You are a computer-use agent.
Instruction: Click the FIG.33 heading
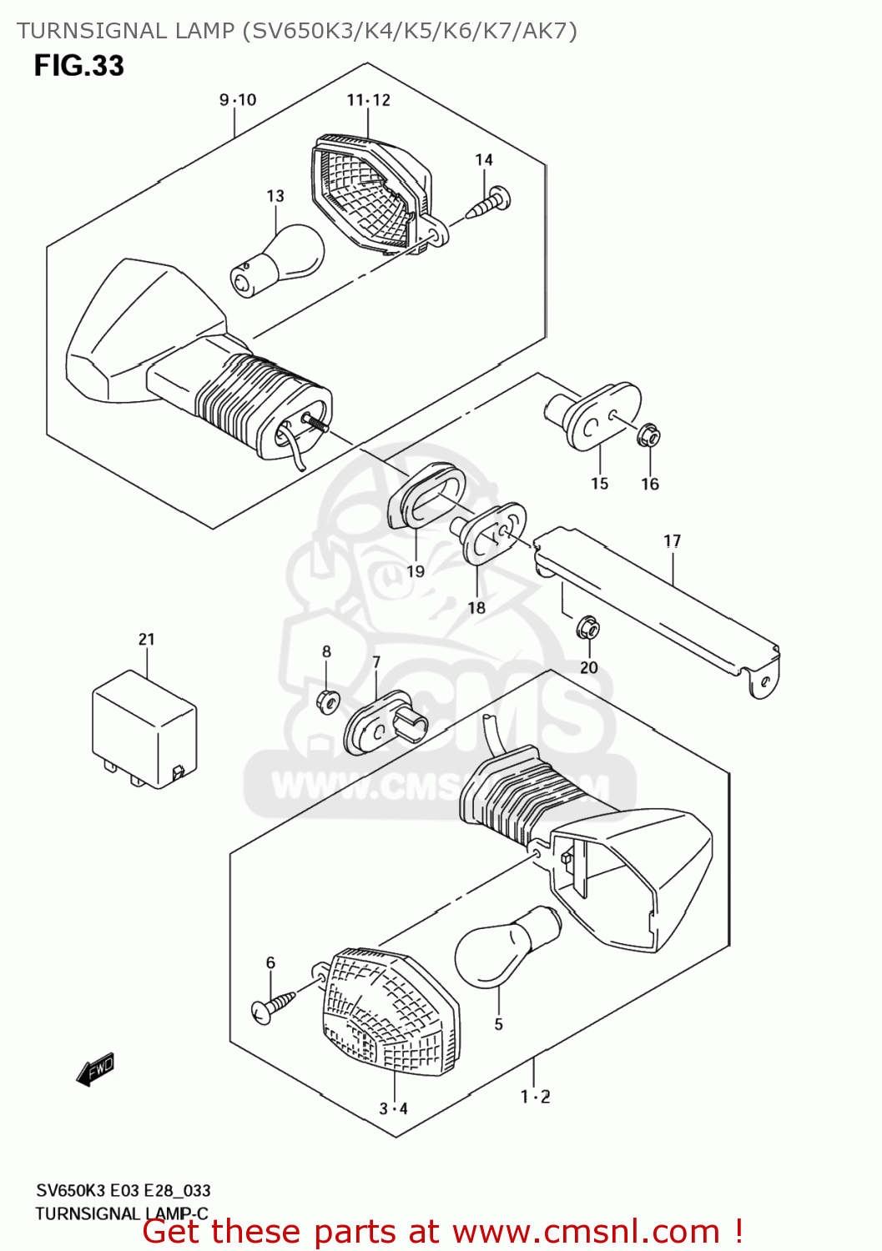coord(79,66)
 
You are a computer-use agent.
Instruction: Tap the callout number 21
coord(147,640)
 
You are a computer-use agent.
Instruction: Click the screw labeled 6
coord(272,1004)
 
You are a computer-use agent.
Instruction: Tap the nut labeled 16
coord(649,435)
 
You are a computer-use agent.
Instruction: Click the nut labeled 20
coord(588,626)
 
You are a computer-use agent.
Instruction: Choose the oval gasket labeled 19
coord(426,497)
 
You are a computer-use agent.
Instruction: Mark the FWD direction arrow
coord(95,1070)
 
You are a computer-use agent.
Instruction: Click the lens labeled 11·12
coord(371,191)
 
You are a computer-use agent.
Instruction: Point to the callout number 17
coord(673,541)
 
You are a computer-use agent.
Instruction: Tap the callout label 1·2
coord(536,1097)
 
